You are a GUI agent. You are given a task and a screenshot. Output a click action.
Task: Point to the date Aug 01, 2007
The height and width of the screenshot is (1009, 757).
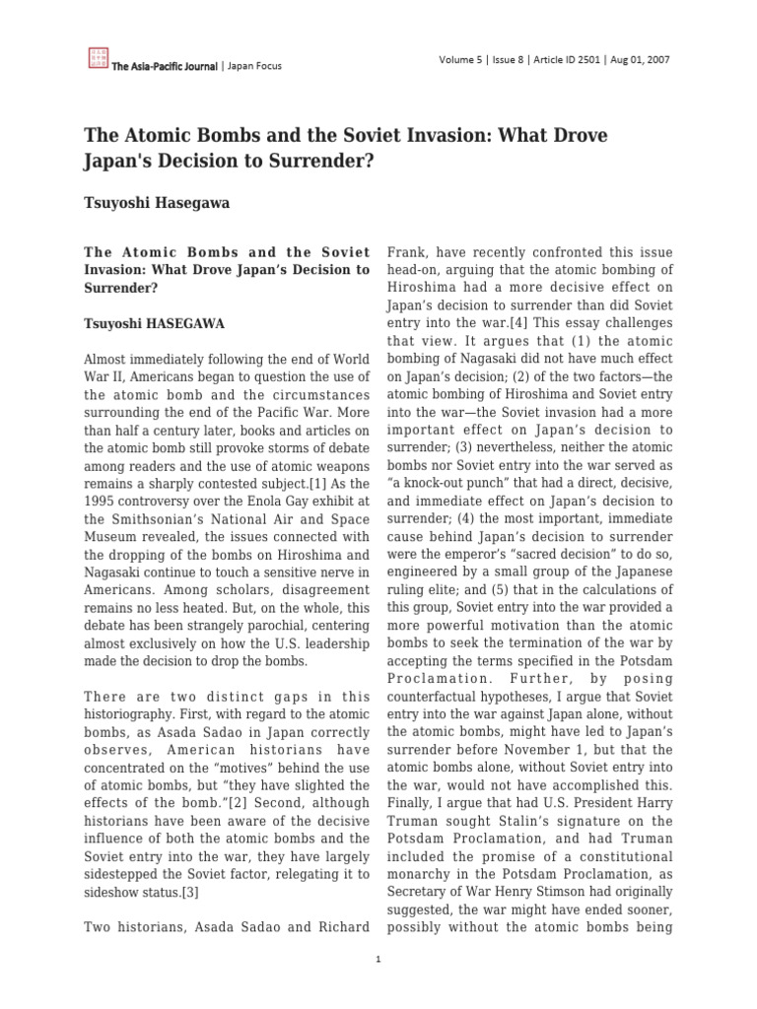click(x=642, y=59)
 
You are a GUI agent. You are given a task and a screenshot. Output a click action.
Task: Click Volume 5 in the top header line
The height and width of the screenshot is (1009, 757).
click(x=460, y=59)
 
